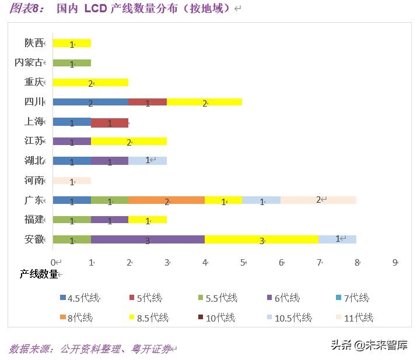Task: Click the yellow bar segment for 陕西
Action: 72,43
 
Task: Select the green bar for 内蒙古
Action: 72,63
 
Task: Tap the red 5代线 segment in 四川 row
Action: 148,103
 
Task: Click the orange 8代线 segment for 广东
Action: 167,200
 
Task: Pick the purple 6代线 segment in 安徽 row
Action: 148,239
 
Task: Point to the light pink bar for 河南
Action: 72,181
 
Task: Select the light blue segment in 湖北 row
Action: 148,161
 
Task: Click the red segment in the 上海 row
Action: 110,122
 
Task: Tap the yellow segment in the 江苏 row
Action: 129,142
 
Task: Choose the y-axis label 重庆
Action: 34,82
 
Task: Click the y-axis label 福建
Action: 34,220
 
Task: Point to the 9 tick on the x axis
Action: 395,263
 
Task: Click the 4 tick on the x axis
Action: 205,263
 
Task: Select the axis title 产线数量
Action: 38,274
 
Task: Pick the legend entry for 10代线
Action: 216,317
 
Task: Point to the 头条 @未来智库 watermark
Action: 369,344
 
